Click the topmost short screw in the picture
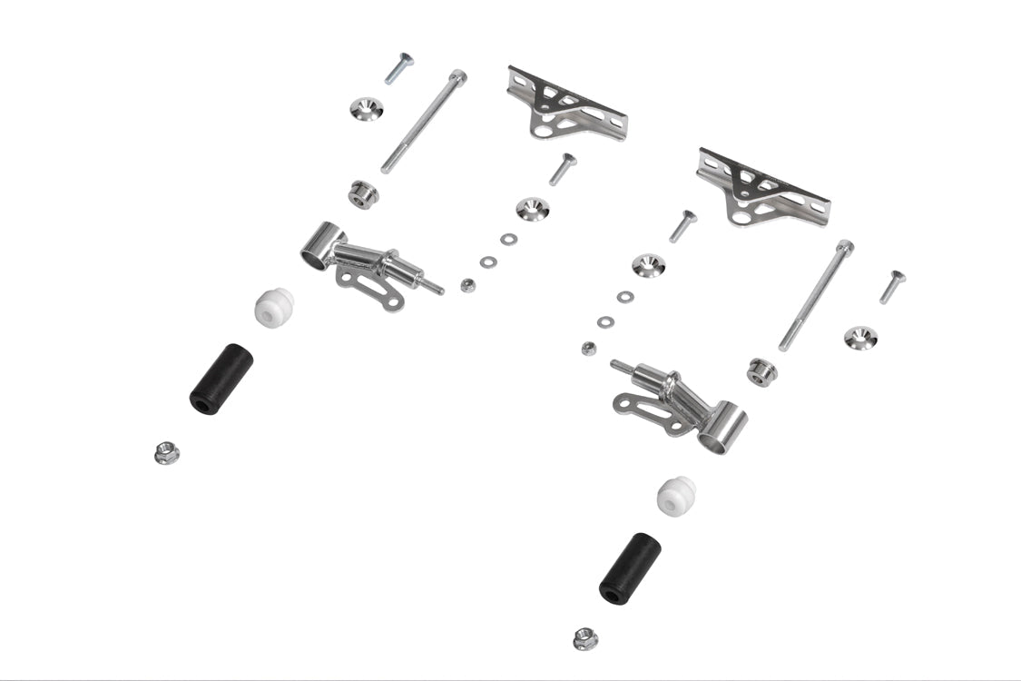pyautogui.click(x=398, y=68)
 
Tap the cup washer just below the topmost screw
pyautogui.click(x=367, y=109)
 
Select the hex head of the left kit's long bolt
pyautogui.click(x=458, y=77)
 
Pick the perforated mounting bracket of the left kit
pyautogui.click(x=565, y=105)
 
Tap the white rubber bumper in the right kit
pyautogui.click(x=676, y=495)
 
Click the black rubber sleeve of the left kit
pyautogui.click(x=221, y=378)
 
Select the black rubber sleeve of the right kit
pyautogui.click(x=630, y=567)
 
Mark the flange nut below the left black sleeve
pyautogui.click(x=167, y=452)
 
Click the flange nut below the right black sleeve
pyautogui.click(x=585, y=638)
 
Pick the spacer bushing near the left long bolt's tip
pyautogui.click(x=364, y=193)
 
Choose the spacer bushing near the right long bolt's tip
pyautogui.click(x=761, y=371)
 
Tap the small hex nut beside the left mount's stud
pyautogui.click(x=467, y=285)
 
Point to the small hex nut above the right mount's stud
pyautogui.click(x=588, y=348)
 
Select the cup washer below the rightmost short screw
pyautogui.click(x=860, y=338)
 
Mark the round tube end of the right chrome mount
pyautogui.click(x=722, y=430)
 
